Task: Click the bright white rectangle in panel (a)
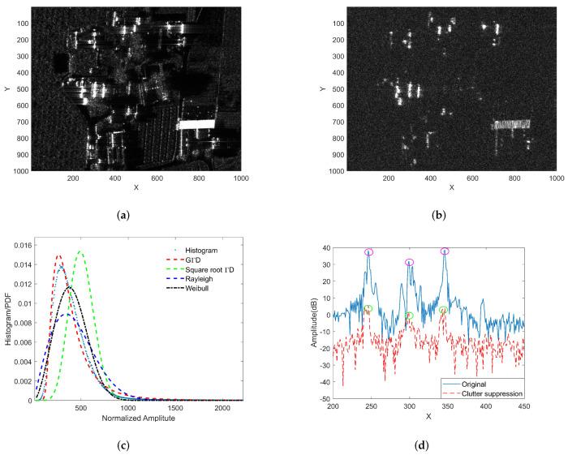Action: [x=196, y=124]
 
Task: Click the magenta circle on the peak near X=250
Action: [x=369, y=252]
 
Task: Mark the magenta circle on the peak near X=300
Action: [x=409, y=262]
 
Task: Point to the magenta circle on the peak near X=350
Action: [x=445, y=251]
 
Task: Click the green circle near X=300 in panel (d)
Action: [x=409, y=315]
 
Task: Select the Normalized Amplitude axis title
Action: [x=138, y=419]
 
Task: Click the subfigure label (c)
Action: [x=137, y=443]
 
